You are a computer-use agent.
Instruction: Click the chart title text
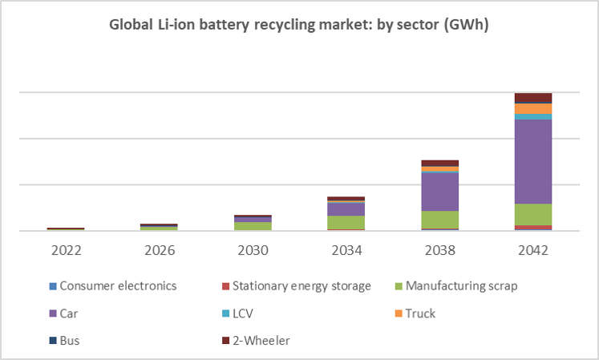299,25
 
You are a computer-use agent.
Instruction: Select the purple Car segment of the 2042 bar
532,161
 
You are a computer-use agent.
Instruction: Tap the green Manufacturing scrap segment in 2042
532,214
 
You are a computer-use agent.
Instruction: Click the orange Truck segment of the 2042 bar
532,108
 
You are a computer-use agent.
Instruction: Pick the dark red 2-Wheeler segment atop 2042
532,98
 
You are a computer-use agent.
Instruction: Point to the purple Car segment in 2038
439,192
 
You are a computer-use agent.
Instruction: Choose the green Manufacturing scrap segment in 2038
439,220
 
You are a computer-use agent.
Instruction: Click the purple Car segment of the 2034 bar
346,208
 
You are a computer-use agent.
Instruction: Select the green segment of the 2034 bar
346,222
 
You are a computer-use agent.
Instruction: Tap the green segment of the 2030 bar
253,226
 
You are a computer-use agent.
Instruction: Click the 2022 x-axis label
66,250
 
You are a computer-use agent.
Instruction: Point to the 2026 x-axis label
159,250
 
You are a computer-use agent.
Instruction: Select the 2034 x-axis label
346,250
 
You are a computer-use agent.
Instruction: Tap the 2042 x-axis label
532,250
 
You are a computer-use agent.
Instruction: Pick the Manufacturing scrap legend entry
462,285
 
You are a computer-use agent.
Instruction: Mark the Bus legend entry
70,340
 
